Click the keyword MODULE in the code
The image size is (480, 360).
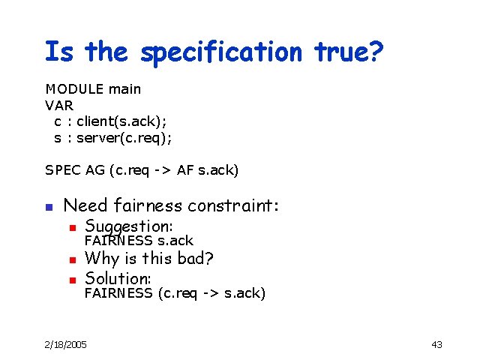74,89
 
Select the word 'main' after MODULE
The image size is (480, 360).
124,89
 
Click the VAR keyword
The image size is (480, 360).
59,106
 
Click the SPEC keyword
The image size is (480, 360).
61,171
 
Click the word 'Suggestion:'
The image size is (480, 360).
129,226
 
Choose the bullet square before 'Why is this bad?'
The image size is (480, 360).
72,260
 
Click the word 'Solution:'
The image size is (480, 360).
118,278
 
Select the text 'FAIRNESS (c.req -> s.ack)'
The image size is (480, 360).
175,293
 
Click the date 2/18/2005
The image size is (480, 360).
65,344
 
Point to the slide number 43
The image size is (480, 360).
436,344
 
